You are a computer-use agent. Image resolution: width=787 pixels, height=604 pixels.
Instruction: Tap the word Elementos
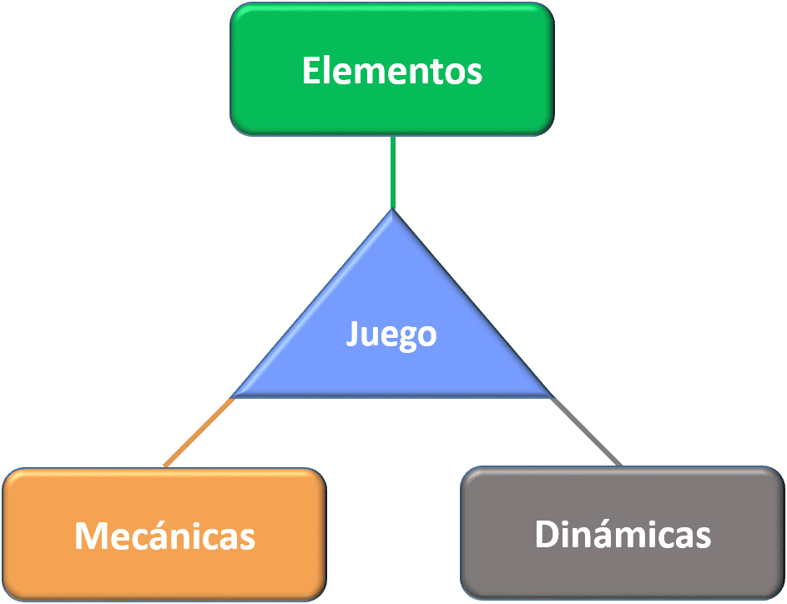[391, 71]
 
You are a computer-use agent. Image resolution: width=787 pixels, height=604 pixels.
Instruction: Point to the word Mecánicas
[164, 535]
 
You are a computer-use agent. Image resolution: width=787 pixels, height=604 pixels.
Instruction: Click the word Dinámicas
[623, 534]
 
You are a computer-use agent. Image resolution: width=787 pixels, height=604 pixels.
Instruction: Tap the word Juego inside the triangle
[391, 335]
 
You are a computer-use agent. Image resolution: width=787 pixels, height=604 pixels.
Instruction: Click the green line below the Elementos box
[392, 171]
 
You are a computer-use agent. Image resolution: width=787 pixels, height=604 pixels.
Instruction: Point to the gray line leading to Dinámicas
[586, 431]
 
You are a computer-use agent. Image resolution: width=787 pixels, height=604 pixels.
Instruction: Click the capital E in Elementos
[310, 71]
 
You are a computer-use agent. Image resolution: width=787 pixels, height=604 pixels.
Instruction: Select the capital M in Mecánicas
[89, 535]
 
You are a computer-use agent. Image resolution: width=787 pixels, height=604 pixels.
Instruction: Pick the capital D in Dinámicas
[547, 534]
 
